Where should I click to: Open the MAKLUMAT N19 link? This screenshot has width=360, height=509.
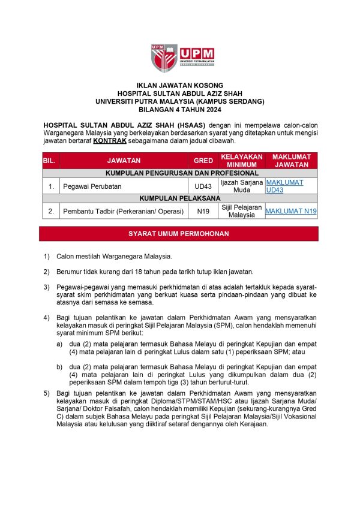point(291,211)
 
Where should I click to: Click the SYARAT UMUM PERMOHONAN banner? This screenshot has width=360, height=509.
point(179,233)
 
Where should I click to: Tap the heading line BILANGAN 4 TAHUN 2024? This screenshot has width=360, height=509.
point(180,110)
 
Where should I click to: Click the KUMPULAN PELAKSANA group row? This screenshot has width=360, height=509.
point(180,198)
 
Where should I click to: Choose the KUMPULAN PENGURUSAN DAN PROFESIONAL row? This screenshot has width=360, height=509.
point(180,173)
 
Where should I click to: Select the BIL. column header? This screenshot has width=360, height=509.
point(50,161)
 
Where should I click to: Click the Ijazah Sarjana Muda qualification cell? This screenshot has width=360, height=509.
point(242,186)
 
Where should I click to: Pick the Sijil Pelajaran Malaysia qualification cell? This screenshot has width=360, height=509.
point(242,211)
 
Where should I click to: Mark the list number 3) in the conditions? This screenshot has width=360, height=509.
point(46,287)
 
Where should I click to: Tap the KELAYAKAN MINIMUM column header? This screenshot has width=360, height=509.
point(242,161)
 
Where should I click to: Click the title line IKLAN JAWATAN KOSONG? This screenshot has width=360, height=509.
point(180,86)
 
